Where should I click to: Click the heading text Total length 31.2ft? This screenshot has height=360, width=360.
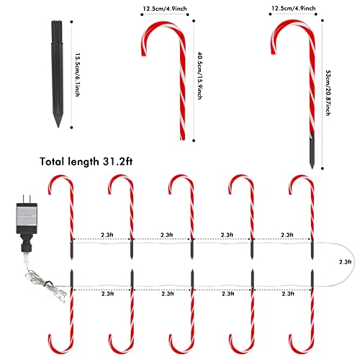pos(86,161)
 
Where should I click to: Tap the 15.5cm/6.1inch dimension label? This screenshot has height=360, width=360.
pos(77,75)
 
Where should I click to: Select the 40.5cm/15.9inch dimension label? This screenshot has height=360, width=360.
pos(199,76)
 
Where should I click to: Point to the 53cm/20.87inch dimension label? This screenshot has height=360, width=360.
pos(328,93)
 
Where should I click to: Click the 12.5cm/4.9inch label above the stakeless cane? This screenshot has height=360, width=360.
pos(165,9)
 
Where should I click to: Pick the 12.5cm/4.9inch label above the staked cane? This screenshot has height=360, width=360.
pos(294,9)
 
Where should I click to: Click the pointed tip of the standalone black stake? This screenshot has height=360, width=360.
pos(58,127)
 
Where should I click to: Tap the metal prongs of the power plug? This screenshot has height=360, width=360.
pos(27,199)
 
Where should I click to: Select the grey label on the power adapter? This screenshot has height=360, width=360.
pos(27,217)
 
